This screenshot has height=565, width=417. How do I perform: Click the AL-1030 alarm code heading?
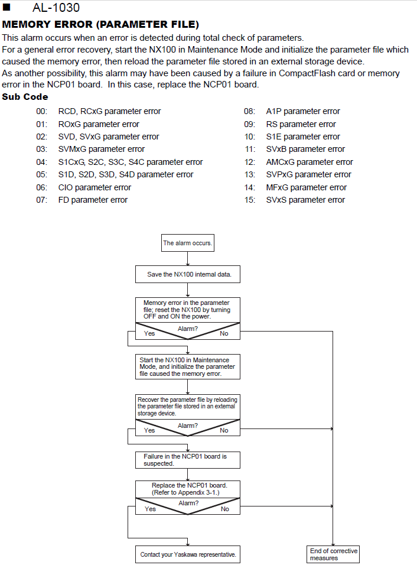[x=56, y=7]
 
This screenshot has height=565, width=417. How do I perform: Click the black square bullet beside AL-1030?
[x=6, y=7]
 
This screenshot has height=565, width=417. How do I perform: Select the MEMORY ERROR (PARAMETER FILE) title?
[x=100, y=24]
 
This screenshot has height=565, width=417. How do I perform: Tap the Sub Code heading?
[x=25, y=97]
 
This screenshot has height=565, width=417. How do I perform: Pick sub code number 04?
[x=41, y=162]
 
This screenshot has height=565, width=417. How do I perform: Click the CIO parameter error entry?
[x=95, y=187]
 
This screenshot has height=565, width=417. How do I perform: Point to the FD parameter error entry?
[x=93, y=200]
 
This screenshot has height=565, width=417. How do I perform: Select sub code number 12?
[x=250, y=162]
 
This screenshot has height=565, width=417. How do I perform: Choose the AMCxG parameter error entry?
[x=310, y=162]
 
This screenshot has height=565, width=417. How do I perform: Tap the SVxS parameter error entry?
[x=305, y=200]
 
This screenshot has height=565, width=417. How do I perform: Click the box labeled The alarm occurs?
[x=188, y=243]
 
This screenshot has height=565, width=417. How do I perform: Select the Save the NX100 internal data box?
[x=188, y=274]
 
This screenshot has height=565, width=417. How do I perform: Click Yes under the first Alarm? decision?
[x=149, y=334]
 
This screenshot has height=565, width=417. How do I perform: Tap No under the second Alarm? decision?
[x=224, y=431]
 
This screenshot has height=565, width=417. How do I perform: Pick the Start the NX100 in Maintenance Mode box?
[x=188, y=367]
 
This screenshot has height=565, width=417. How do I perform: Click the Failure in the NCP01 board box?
[x=188, y=460]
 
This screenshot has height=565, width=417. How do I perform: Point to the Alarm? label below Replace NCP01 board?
[x=188, y=503]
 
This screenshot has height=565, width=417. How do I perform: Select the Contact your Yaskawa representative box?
[x=188, y=554]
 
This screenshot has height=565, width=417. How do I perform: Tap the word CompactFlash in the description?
[x=307, y=73]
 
